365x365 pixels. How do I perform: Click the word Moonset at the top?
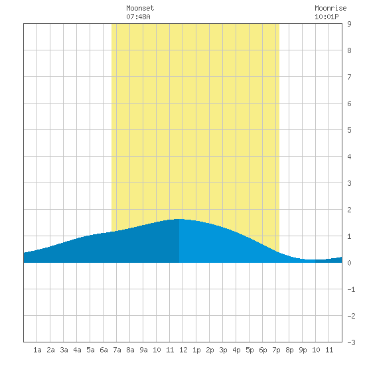140,8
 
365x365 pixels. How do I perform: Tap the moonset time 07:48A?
138,17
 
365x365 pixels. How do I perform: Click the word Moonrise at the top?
330,8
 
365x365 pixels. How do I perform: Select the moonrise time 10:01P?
327,17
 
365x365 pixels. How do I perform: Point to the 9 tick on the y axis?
349,24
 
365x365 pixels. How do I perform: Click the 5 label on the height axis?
349,130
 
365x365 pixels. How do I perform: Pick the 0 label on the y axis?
349,263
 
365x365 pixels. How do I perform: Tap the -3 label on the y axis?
351,342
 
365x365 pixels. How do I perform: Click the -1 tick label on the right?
351,289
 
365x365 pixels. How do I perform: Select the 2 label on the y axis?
349,210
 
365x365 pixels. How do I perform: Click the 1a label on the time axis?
37,350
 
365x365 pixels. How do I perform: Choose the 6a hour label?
104,350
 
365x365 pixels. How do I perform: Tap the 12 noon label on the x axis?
183,350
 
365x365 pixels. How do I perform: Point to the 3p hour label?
223,350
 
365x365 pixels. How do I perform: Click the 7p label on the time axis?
276,350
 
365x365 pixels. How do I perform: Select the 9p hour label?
303,350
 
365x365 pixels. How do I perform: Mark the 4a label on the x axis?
77,350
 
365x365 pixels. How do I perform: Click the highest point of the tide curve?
179,219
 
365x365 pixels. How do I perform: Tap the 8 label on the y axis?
349,50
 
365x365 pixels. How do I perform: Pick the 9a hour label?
143,350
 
